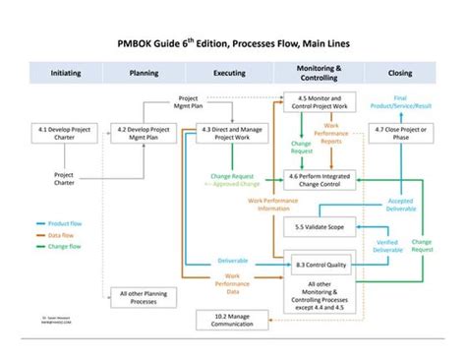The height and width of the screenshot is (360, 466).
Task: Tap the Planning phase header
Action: coord(145,73)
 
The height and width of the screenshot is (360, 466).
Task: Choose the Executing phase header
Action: coord(229,73)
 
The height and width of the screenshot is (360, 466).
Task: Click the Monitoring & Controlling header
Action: coord(319,73)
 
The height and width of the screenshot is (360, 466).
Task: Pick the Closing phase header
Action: coord(399,73)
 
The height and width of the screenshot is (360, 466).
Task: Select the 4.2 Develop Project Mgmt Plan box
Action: coord(145,133)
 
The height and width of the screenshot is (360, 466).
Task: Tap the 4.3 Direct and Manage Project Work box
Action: coord(229,133)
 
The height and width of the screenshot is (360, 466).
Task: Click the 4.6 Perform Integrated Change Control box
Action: coord(319,178)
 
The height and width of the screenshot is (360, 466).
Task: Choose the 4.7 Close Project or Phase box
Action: coord(399,133)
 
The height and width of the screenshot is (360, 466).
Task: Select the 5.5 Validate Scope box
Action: coord(319,227)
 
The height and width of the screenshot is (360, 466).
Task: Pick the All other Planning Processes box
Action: coord(145,296)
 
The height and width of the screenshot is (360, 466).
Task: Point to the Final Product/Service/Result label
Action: coord(400,102)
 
